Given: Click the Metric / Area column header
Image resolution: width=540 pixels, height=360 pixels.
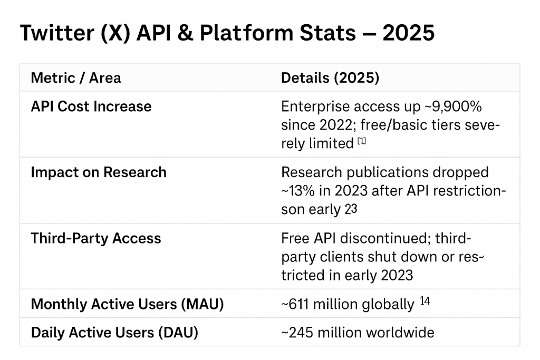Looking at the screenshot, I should click(x=76, y=78).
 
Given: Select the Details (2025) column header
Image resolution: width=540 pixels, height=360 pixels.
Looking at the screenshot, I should click(x=330, y=78).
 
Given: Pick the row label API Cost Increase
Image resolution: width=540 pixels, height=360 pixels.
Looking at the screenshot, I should click(x=91, y=106).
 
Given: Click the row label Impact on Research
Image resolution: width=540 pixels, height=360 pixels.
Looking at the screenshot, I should click(x=99, y=172).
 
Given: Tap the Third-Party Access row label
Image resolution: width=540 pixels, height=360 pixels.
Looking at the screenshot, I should click(x=96, y=238).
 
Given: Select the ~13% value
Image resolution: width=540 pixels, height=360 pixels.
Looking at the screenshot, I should click(x=298, y=191).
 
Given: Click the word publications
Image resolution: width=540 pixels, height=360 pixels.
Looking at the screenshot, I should click(x=390, y=172).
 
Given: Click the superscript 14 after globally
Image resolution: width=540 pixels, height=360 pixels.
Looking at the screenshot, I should click(x=425, y=301).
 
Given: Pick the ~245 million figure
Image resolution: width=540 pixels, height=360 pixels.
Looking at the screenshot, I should click(x=321, y=333).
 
